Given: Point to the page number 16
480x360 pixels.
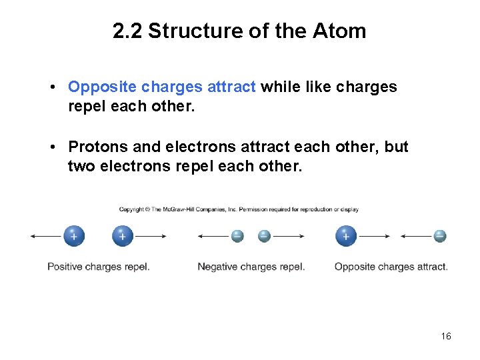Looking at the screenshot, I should (x=446, y=336).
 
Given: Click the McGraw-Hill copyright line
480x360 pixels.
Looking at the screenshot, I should (x=239, y=209).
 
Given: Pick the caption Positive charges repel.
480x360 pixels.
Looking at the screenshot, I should (x=98, y=267).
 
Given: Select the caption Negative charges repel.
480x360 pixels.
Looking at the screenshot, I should (x=251, y=267).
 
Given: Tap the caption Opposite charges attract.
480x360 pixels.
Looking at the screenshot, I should (x=391, y=267).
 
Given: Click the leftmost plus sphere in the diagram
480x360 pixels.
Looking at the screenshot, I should (x=73, y=236).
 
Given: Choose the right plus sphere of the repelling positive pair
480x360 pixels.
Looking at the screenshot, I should (x=123, y=236).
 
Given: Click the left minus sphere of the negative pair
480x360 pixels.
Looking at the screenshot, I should (x=237, y=236).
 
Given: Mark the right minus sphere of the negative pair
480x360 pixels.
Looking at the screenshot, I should (x=264, y=236).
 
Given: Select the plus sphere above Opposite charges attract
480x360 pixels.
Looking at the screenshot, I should (x=345, y=236).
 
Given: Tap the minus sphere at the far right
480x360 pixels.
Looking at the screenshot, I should (x=439, y=236).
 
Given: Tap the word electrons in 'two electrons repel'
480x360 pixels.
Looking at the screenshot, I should (x=136, y=166).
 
